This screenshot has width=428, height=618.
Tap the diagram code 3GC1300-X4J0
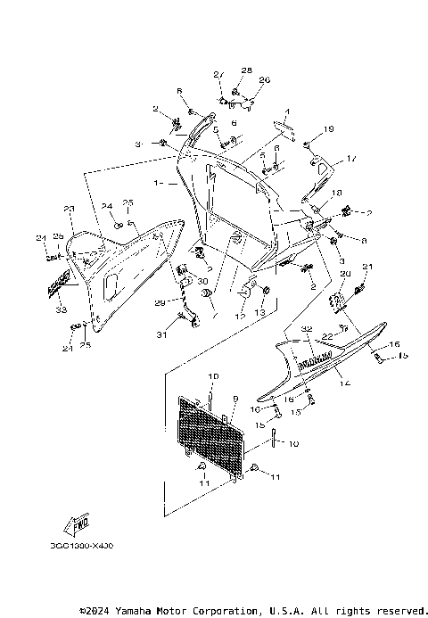click(x=76, y=545)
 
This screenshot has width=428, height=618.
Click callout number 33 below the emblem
click(x=61, y=310)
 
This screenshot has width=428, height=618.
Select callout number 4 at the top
click(x=288, y=111)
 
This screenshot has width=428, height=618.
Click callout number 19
click(x=329, y=130)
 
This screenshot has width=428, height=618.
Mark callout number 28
click(x=247, y=69)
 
